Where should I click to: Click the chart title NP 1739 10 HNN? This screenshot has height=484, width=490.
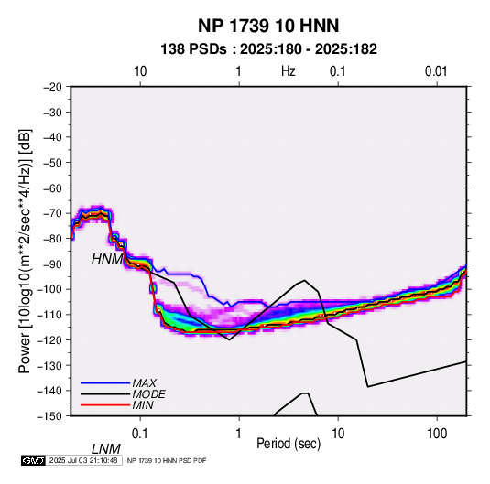tap(268, 26)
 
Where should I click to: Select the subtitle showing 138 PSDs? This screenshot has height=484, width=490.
tap(268, 49)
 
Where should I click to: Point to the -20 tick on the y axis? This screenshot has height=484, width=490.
tap(52, 87)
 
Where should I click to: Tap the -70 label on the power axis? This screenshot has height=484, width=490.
tap(52, 213)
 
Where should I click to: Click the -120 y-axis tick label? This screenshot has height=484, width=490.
tap(49, 339)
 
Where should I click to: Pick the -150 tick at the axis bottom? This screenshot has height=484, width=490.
tap(49, 416)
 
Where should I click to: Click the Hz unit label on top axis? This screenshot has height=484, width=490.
tap(289, 71)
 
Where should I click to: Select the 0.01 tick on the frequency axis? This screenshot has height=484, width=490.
tap(436, 71)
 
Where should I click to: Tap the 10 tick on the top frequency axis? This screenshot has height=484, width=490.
tap(140, 71)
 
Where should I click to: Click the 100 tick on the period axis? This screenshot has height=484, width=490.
tap(437, 434)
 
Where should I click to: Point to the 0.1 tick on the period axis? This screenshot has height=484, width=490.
tap(139, 434)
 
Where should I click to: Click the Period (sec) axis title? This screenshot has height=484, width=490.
tap(289, 444)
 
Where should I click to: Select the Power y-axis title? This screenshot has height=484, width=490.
tap(25, 251)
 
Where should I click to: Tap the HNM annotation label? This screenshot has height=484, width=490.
tap(107, 259)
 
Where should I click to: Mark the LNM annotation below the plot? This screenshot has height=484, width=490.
tap(105, 449)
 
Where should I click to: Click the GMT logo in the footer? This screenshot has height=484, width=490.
tap(34, 460)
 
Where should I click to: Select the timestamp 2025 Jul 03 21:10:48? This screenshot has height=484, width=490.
tap(83, 460)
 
